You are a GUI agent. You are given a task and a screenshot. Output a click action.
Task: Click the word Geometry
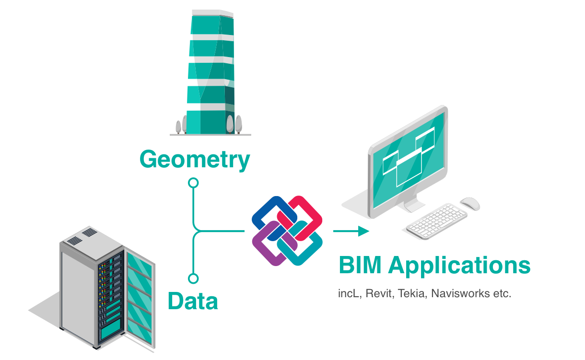[x=195, y=160]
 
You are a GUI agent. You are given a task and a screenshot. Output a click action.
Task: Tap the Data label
[x=193, y=301]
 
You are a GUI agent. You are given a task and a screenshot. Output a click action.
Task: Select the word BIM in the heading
[x=360, y=265]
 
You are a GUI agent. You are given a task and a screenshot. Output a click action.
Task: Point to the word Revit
[x=380, y=293]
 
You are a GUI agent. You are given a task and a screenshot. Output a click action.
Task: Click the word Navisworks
[x=460, y=293]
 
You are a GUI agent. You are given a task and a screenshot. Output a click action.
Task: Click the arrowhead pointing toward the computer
[x=363, y=231]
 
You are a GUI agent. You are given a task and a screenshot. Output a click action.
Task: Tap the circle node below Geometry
[x=193, y=183]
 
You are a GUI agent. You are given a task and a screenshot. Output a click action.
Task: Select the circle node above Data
[x=193, y=279]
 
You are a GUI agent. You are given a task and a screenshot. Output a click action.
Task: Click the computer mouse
[x=470, y=204]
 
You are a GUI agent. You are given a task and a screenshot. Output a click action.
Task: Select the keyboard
[x=437, y=221]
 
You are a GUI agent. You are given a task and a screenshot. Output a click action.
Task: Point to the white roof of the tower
[x=212, y=13]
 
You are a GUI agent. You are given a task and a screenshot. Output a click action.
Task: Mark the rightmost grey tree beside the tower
[x=238, y=124]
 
